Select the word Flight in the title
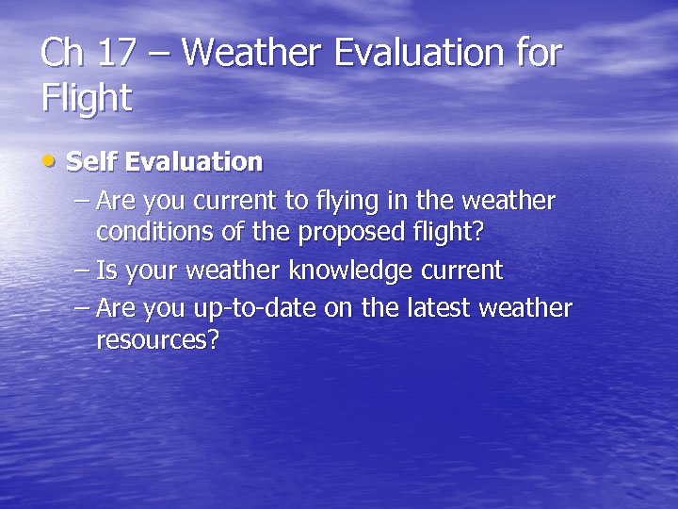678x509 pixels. point(87,97)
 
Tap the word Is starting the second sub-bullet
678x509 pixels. point(106,271)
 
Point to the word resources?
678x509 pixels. point(157,340)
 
